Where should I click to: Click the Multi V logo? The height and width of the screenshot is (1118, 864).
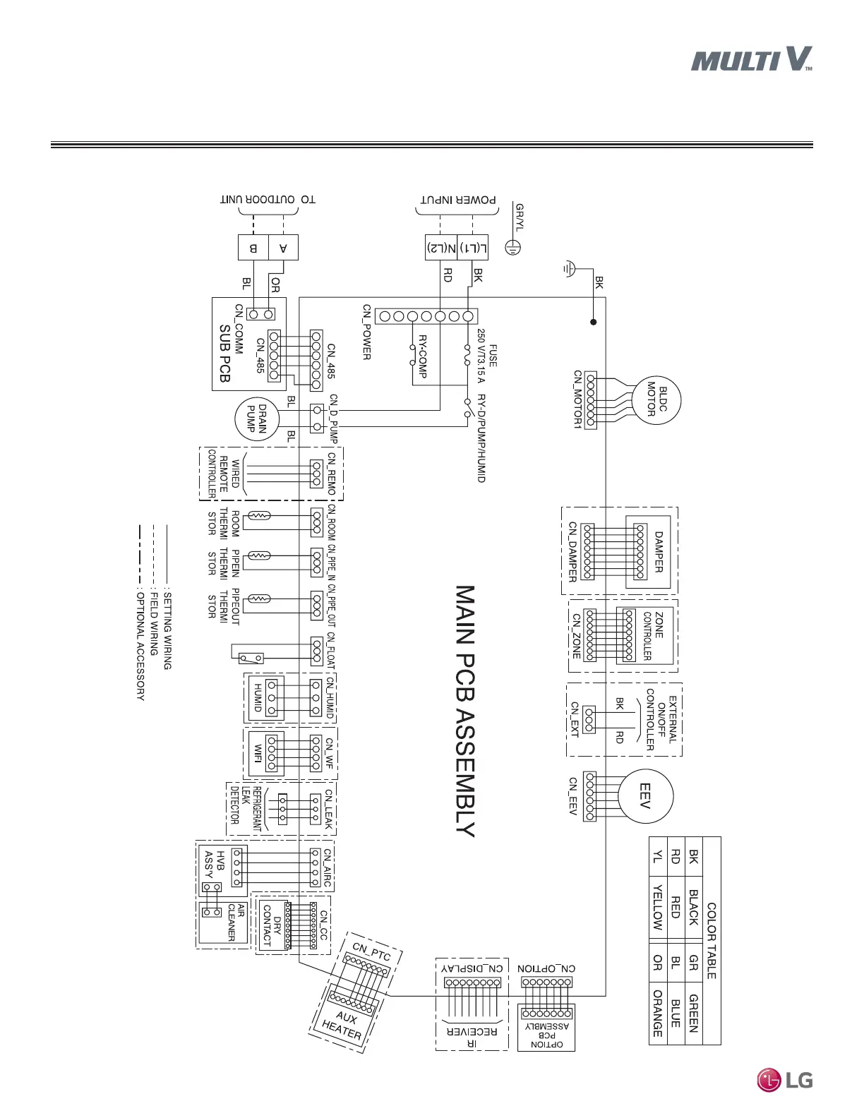(x=751, y=59)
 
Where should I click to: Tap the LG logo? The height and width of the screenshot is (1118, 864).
(x=785, y=1079)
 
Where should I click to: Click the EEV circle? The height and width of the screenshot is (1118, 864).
(x=644, y=795)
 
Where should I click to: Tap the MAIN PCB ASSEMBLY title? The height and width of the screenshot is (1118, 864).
(x=464, y=710)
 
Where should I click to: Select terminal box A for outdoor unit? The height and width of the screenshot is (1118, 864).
(x=283, y=248)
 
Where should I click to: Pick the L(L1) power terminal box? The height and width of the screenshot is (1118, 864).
(x=473, y=248)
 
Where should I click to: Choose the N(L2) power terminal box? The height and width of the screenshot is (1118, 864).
(x=440, y=248)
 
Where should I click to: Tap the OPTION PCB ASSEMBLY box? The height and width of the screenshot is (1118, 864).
(x=546, y=1027)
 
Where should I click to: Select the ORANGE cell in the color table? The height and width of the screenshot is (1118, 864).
(x=657, y=1014)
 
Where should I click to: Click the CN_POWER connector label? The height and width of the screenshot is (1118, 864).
(x=366, y=332)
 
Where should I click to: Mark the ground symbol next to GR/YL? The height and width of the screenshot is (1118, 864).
(x=514, y=248)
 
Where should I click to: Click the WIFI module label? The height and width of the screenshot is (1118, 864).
(x=258, y=755)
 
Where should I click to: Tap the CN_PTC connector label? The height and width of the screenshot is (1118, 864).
(x=371, y=950)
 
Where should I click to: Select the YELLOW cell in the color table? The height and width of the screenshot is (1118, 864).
(x=657, y=907)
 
